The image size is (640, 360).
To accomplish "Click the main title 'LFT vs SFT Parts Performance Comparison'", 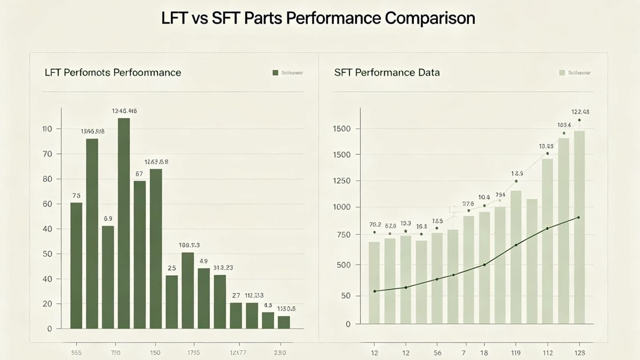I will click(318, 18).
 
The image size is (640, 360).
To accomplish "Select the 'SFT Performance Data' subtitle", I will click(387, 72).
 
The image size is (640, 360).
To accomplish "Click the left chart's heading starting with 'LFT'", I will click(113, 72).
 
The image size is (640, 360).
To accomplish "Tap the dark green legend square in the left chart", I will click(275, 73).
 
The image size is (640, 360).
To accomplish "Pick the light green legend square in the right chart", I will click(562, 73).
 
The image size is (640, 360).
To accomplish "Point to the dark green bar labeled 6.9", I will click(108, 277).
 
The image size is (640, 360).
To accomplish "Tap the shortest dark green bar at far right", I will click(284, 322).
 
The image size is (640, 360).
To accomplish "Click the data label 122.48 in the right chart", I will click(579, 112).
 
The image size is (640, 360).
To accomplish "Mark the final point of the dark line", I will click(579, 218).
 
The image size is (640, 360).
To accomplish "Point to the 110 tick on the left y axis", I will click(47, 129).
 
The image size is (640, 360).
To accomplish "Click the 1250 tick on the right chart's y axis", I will click(342, 181).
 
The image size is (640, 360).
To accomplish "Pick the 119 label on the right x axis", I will click(516, 353).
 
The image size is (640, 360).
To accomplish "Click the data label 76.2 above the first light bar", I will click(375, 225).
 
